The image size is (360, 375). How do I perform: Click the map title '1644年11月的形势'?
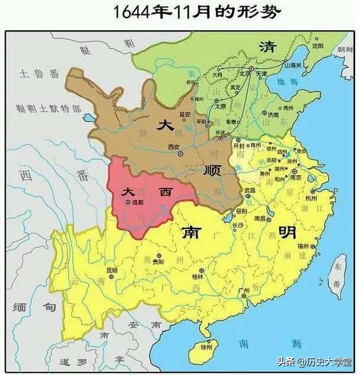point(180,12)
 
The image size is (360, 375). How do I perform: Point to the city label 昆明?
point(112,270)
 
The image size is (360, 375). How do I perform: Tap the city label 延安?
point(184,114)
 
